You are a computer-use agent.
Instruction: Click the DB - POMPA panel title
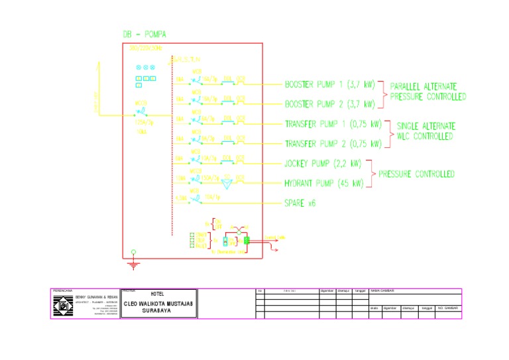tap(145, 34)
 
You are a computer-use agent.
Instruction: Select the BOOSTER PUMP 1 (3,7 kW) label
tap(329, 85)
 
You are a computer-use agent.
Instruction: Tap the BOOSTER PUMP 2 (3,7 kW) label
tap(329, 104)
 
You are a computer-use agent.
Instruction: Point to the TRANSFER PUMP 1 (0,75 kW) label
tap(333, 124)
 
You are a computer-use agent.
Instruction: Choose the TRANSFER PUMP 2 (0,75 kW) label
tap(333, 144)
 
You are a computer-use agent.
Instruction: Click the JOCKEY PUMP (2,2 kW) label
tap(323, 163)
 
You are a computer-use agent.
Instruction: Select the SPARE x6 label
tap(300, 203)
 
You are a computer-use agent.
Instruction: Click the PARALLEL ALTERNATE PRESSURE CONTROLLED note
tap(427, 91)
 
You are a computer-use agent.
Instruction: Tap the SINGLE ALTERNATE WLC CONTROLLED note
tap(425, 131)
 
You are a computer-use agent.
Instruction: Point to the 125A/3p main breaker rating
tap(144, 123)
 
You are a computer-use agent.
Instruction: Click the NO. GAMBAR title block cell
tap(448, 308)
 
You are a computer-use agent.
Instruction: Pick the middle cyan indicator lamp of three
tap(145, 68)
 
